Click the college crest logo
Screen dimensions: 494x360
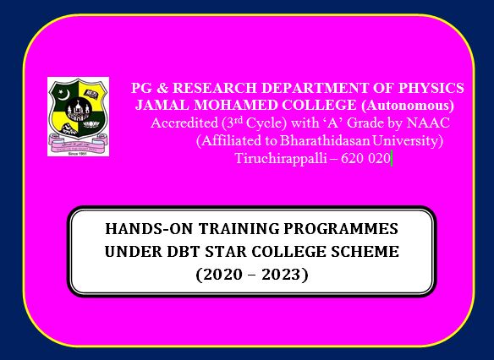pyautogui.click(x=78, y=117)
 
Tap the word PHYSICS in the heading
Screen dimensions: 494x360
pyautogui.click(x=431, y=88)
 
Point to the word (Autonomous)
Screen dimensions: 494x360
pyautogui.click(x=408, y=106)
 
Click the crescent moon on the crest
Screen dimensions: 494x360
pyautogui.click(x=64, y=95)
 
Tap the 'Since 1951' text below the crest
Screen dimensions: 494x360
pyautogui.click(x=78, y=154)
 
